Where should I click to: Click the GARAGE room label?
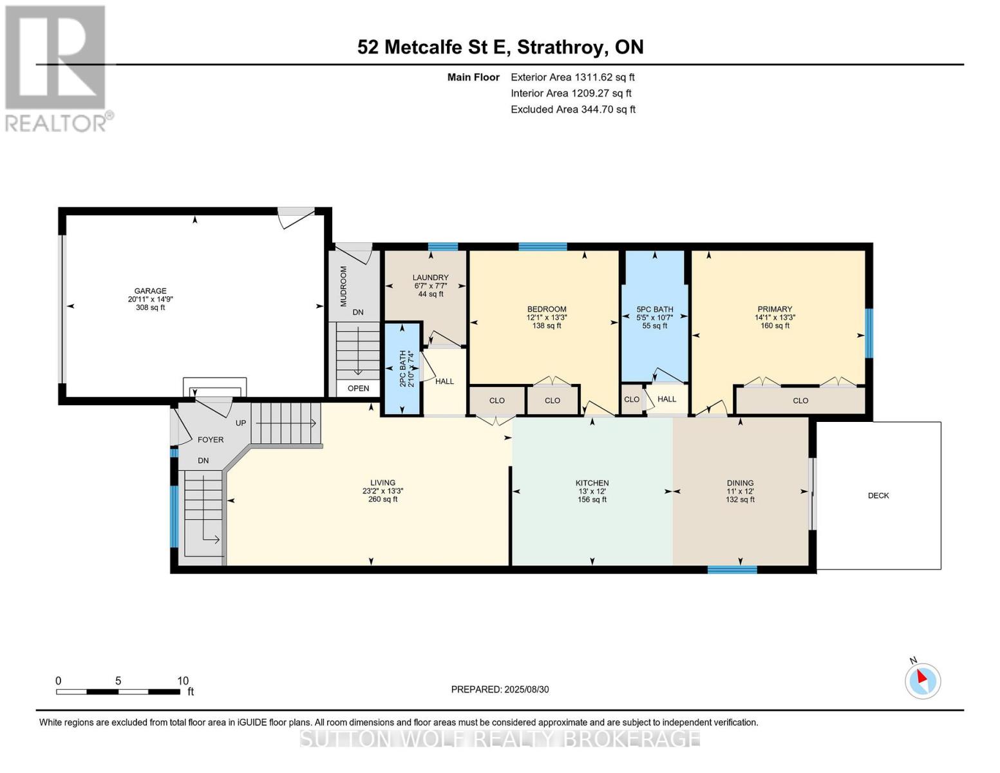150,291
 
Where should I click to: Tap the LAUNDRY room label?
430,277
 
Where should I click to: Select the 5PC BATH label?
654,309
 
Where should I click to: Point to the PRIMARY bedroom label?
775,309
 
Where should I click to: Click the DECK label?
878,495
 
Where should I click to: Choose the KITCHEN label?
592,483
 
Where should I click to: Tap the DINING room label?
740,483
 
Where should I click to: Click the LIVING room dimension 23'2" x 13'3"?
382,491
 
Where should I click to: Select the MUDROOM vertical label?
343,286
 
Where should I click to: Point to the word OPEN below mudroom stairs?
358,388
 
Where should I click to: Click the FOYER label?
211,440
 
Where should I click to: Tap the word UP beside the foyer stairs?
241,423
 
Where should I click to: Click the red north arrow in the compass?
921,676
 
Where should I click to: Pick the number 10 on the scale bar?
183,681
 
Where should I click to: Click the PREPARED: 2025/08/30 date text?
500,689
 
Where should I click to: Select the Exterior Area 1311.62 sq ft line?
572,77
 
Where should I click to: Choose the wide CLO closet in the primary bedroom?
800,401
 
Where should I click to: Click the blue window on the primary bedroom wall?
869,333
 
